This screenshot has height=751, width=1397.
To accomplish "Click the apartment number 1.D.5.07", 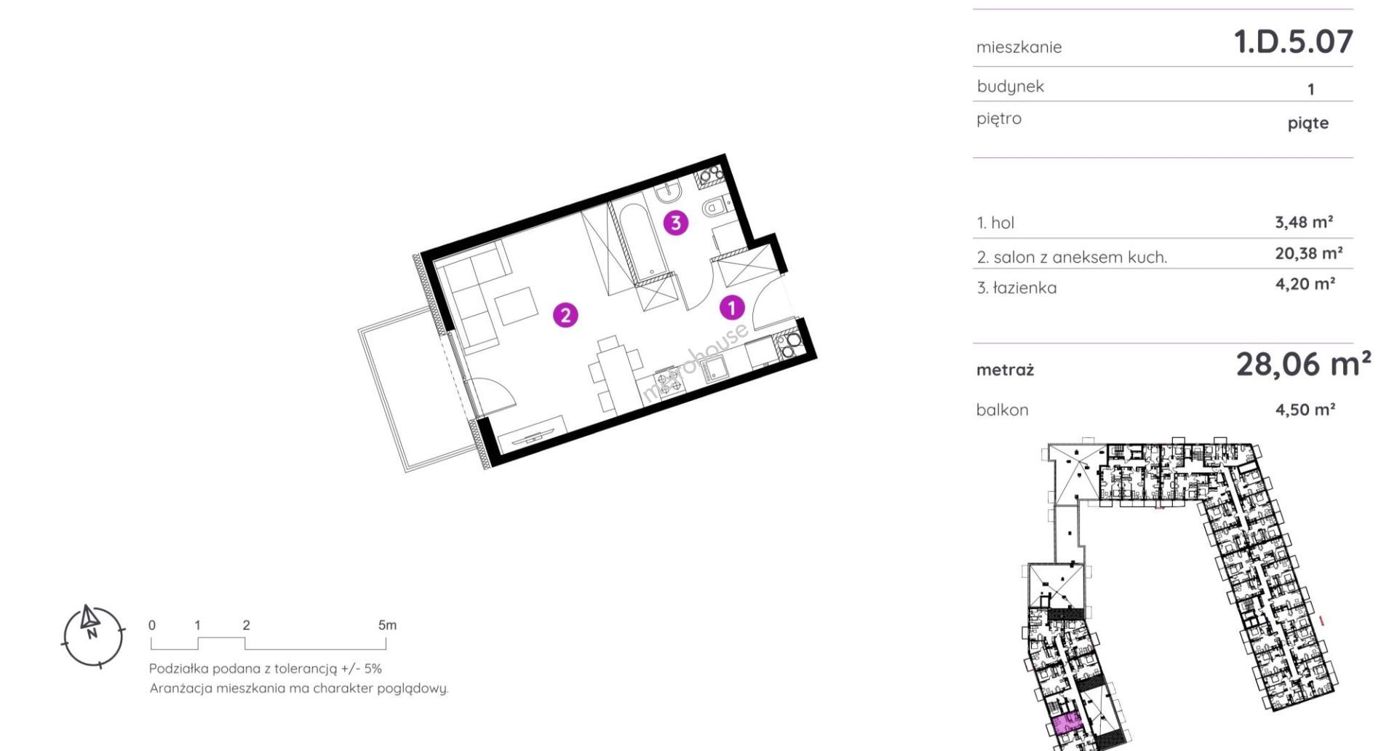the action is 1293,41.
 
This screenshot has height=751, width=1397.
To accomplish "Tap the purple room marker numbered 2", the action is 565,315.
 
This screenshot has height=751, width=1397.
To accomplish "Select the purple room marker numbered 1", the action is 732,308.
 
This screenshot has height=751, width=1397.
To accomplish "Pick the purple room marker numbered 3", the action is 676,223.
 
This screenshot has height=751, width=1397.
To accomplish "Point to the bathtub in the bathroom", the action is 639,239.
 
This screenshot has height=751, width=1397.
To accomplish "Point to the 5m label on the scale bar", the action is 387,625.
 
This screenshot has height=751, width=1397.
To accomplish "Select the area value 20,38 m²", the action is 1308,253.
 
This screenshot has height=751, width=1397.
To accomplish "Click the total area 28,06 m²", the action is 1303,364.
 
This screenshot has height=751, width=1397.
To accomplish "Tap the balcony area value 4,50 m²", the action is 1305,410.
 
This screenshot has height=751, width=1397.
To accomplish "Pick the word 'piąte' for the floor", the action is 1308,123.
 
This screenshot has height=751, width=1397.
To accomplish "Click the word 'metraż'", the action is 1005,370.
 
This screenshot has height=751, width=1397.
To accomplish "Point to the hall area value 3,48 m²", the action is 1304,222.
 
